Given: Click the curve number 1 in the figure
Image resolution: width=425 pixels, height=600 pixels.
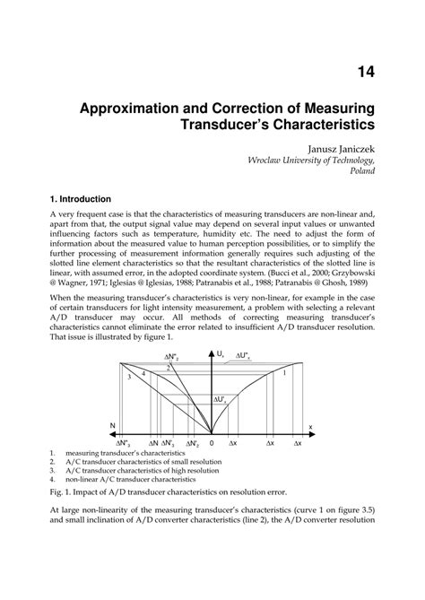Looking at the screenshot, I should point(284,373).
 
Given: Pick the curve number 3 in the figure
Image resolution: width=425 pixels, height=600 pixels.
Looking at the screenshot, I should point(129,378).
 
